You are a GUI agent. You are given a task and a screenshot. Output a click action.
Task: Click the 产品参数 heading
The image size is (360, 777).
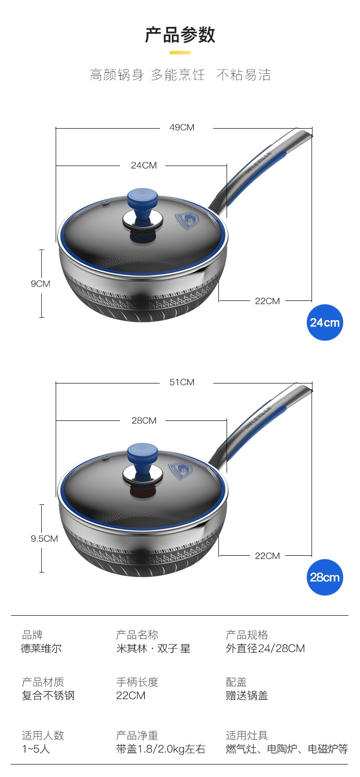(180, 35)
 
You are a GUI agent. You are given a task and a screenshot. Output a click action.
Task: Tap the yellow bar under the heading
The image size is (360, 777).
(180, 53)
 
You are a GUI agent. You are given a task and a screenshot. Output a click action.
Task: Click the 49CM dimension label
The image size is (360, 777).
(182, 128)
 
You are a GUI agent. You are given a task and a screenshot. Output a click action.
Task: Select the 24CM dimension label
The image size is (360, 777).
(144, 166)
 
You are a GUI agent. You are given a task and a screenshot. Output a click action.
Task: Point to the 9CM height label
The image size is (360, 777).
(41, 284)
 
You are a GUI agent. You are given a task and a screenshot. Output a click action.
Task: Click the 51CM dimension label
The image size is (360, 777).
(182, 382)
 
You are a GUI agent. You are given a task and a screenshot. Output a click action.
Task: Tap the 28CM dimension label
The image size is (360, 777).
(144, 420)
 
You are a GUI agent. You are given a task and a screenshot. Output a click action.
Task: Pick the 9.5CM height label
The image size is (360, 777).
(44, 538)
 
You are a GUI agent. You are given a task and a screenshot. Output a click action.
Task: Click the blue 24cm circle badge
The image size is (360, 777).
(324, 322)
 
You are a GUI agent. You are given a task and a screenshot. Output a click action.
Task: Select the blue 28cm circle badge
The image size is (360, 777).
(324, 577)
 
